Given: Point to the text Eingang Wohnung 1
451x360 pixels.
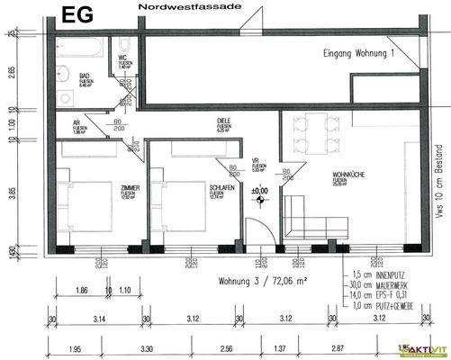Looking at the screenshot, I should click(360, 54).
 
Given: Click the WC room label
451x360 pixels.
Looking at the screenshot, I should click(123, 58).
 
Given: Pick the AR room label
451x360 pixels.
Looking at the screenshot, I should click(77, 125).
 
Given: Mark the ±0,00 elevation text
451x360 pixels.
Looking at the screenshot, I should click(260, 191).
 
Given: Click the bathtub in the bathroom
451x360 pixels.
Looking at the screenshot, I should click(84, 45).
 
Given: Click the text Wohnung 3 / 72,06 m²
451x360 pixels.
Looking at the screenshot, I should click(262, 281).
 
